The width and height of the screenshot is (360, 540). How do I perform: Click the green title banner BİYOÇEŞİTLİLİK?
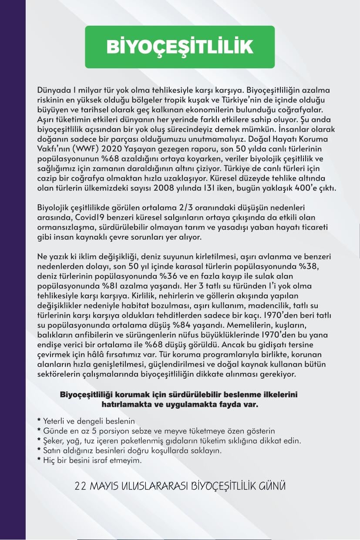[180, 47]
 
